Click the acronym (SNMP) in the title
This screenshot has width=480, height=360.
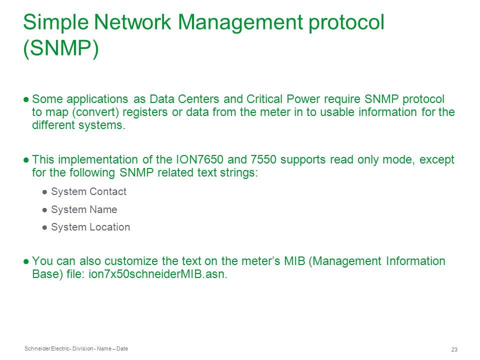[x=61, y=48]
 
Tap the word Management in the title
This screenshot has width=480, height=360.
[x=240, y=22]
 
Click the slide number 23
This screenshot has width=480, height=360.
[x=454, y=349]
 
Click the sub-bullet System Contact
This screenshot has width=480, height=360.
[x=88, y=191]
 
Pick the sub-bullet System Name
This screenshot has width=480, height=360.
[x=84, y=209]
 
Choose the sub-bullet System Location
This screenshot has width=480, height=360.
[x=90, y=227]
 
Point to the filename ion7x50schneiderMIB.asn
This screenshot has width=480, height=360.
[x=157, y=273]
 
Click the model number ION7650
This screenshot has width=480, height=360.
[x=199, y=159]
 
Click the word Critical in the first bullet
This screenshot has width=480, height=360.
[x=264, y=99]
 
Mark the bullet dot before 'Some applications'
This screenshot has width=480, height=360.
[x=26, y=99]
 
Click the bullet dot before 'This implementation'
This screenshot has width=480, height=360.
[x=26, y=160]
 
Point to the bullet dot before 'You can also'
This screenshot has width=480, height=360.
[x=26, y=261]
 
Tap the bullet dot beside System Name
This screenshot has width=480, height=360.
[x=44, y=210]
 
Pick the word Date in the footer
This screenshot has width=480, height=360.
[x=122, y=348]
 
